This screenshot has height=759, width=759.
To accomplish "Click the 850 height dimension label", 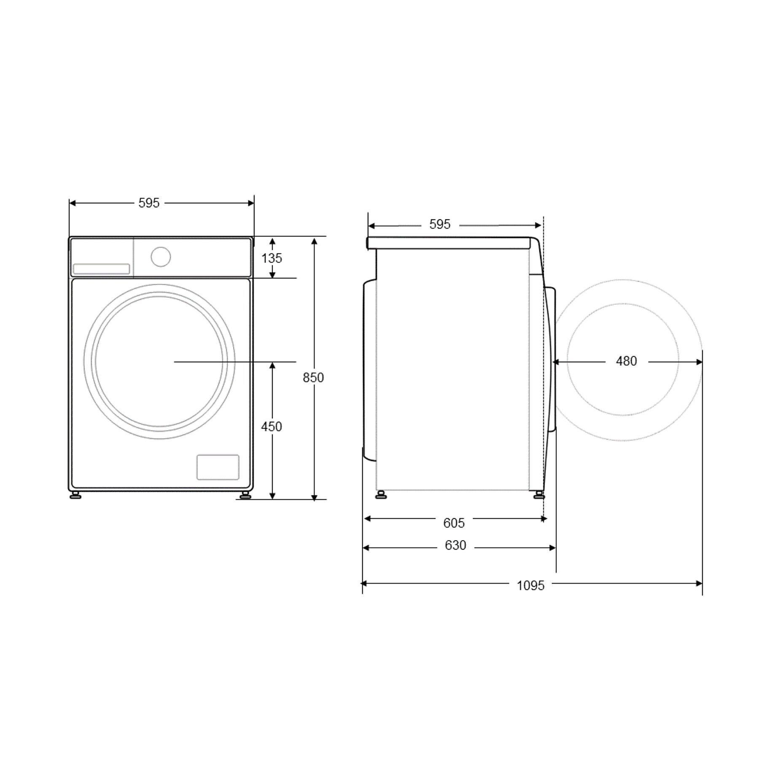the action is pos(313,377).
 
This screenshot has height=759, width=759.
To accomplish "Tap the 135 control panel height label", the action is pos(272,258).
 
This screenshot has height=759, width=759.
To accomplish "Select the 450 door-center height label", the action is pos(272,427).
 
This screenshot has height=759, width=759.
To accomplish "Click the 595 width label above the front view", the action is pos(149,203).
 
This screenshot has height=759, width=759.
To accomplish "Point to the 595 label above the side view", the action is pos(440,224).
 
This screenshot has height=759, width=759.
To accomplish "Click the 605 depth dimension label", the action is pos(454,523).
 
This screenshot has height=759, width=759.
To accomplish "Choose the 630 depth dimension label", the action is pos(455,545).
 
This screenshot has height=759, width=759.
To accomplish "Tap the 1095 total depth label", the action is pos(531,585).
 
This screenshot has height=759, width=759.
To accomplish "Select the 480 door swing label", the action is pos(626,361).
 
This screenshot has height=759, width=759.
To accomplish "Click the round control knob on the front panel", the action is pos(161,257).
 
